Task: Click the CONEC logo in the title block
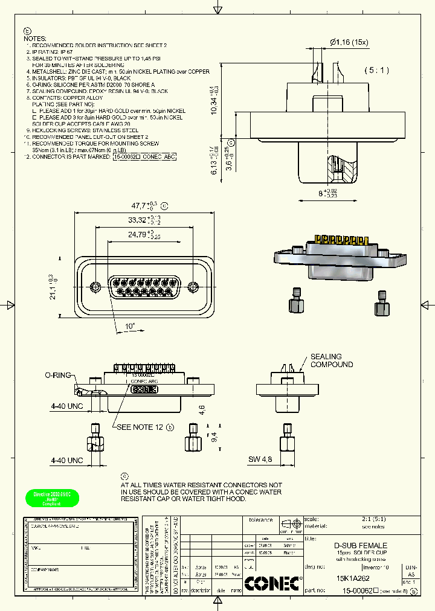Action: (x=274, y=584)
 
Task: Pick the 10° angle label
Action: (x=130, y=326)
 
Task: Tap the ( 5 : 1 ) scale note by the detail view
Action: (x=377, y=71)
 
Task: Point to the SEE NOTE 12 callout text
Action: (x=140, y=427)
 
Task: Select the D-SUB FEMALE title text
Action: (x=361, y=545)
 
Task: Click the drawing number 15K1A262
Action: (x=353, y=578)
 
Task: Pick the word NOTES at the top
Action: (x=34, y=38)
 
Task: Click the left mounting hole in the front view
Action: (x=94, y=286)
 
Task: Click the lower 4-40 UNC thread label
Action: (x=66, y=460)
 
